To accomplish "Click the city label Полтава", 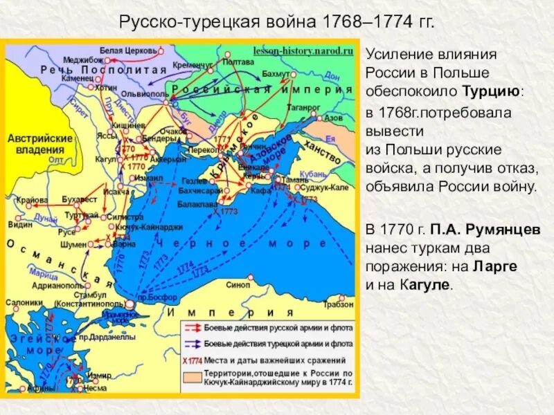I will click(239, 62).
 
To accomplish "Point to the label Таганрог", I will click(304, 108).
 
